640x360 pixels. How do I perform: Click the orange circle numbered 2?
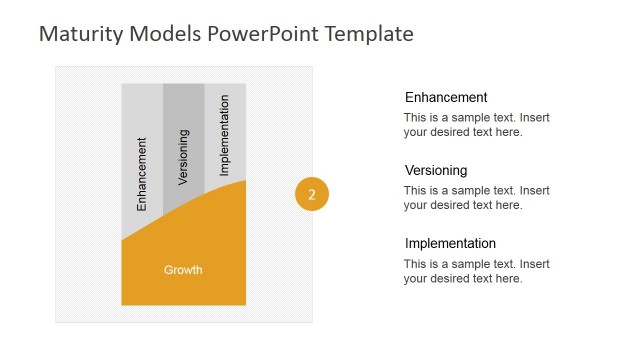pyautogui.click(x=312, y=195)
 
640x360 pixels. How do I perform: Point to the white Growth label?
pyautogui.click(x=183, y=270)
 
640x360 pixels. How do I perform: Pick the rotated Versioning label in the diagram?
pyautogui.click(x=183, y=157)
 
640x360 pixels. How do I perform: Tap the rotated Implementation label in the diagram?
pyautogui.click(x=224, y=136)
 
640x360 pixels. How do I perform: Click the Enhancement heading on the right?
pyautogui.click(x=446, y=98)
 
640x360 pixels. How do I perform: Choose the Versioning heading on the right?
pyautogui.click(x=436, y=171)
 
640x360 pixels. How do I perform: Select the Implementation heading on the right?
pyautogui.click(x=450, y=244)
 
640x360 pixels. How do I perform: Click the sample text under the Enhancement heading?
pyautogui.click(x=476, y=125)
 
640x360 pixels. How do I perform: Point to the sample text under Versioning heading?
pyautogui.click(x=476, y=198)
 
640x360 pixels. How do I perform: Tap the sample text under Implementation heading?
pyautogui.click(x=476, y=271)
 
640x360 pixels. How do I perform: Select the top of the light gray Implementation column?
pyautogui.click(x=225, y=90)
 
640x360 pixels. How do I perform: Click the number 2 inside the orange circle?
pyautogui.click(x=312, y=195)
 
